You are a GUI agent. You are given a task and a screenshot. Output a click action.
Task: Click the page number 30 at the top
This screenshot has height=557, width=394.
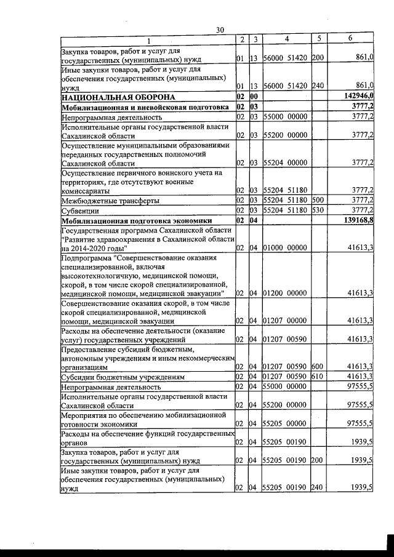click(x=220, y=30)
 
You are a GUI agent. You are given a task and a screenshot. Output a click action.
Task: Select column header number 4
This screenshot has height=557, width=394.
click(x=286, y=39)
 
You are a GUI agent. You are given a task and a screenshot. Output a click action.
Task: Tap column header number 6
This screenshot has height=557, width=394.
click(x=350, y=39)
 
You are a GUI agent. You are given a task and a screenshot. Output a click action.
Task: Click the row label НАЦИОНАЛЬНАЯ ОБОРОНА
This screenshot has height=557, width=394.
click(x=118, y=97)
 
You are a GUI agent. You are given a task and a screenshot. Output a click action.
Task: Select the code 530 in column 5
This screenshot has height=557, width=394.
click(x=318, y=210)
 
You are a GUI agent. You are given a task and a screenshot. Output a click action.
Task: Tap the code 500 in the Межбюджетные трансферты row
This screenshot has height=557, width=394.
click(x=318, y=201)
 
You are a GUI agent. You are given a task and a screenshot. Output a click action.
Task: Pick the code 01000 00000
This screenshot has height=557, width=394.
click(x=286, y=247)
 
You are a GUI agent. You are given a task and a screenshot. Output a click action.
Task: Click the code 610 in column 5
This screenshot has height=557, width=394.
click(x=318, y=377)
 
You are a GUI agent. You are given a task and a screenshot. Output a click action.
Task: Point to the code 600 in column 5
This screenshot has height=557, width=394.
click(x=318, y=367)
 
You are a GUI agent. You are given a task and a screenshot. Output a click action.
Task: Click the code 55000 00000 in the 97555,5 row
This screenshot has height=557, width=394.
click(x=286, y=387)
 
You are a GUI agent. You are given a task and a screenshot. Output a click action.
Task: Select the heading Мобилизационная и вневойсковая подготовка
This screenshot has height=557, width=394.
click(x=145, y=106)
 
